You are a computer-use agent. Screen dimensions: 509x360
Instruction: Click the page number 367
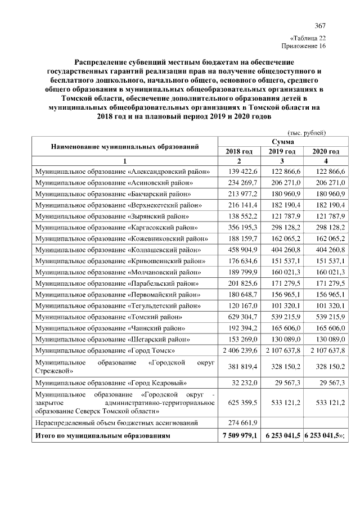320,25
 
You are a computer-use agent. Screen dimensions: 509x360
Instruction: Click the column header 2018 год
239,152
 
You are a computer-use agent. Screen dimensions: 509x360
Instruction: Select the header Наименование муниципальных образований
124,147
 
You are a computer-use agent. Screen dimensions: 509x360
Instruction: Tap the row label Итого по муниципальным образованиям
102,436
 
